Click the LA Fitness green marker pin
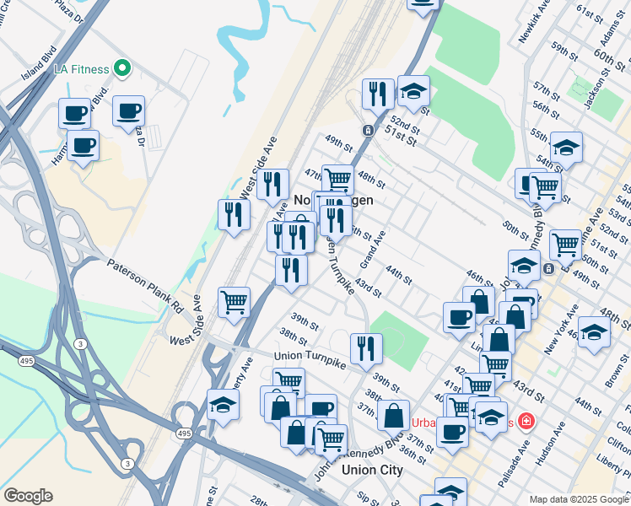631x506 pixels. [122, 67]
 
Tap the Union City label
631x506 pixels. [372, 470]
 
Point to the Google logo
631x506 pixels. [28, 496]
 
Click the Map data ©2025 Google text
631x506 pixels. [578, 498]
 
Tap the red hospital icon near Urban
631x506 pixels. [526, 420]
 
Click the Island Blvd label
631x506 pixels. [37, 63]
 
